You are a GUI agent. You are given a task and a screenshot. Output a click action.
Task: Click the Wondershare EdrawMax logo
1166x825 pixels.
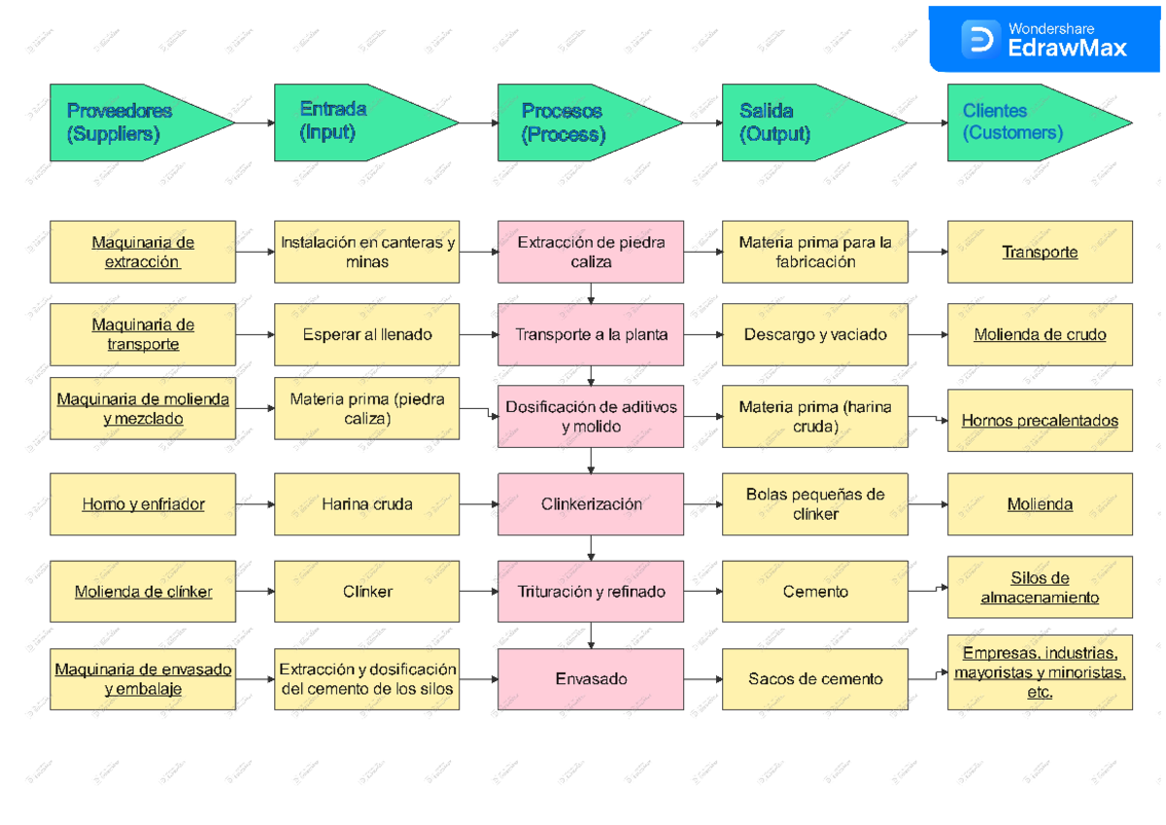(1045, 40)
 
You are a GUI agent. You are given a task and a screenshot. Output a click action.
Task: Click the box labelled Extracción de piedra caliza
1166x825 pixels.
(591, 252)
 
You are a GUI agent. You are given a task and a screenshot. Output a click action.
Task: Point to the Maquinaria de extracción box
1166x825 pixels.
(143, 252)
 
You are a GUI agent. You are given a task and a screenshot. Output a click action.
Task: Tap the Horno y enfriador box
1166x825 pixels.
(143, 504)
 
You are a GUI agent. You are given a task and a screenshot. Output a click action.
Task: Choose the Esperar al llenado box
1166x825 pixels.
(366, 334)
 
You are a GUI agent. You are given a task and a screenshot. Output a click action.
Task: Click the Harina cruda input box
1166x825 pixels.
(366, 504)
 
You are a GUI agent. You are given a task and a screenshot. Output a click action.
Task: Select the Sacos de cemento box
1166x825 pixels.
(815, 679)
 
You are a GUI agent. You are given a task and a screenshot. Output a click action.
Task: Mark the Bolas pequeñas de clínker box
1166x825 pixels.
(815, 504)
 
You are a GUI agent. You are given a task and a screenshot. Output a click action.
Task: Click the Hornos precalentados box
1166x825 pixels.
(1040, 421)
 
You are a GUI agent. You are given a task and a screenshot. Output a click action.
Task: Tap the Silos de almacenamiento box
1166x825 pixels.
(1040, 588)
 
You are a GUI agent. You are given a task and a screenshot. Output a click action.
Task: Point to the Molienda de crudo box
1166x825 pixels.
(1040, 334)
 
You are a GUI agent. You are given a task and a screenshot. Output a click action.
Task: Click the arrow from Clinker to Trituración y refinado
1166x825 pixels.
(479, 591)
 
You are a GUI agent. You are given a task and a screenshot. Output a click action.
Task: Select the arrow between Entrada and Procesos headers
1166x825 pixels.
(478, 122)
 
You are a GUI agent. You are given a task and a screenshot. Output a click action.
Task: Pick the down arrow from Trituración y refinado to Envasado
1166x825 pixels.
(591, 635)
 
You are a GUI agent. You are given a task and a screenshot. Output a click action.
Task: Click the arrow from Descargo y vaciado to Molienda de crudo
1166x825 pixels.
(928, 334)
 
